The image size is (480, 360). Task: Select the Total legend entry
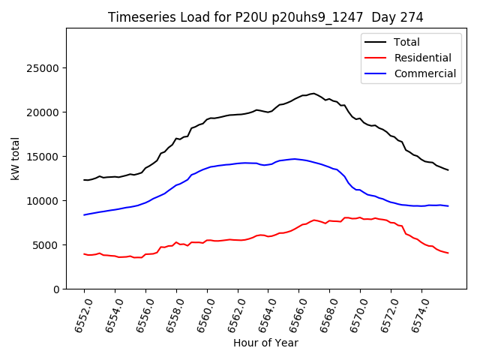coord(406,42)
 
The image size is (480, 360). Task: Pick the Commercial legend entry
coord(424,73)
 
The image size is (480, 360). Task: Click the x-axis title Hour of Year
coord(265,343)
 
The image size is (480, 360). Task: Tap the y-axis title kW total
coord(15,158)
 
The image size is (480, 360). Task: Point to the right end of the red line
coord(448,253)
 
